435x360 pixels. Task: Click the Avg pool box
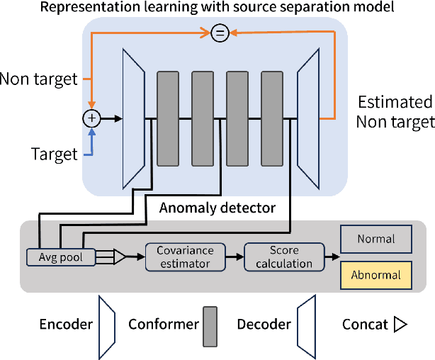[60, 257]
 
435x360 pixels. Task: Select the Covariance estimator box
[184, 257]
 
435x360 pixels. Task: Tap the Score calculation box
[281, 257]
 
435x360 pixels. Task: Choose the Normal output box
[375, 239]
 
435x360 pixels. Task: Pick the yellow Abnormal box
[375, 275]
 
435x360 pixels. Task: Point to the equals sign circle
[220, 33]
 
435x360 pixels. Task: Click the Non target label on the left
[38, 79]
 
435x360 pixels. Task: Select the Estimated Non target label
[395, 111]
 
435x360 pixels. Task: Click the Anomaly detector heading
[217, 208]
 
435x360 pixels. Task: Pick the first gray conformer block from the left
[168, 118]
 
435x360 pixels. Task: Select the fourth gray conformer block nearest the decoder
[272, 118]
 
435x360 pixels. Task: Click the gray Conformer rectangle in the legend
[210, 326]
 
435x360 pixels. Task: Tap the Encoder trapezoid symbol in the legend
[107, 324]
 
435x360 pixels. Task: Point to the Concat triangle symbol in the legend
[400, 325]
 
